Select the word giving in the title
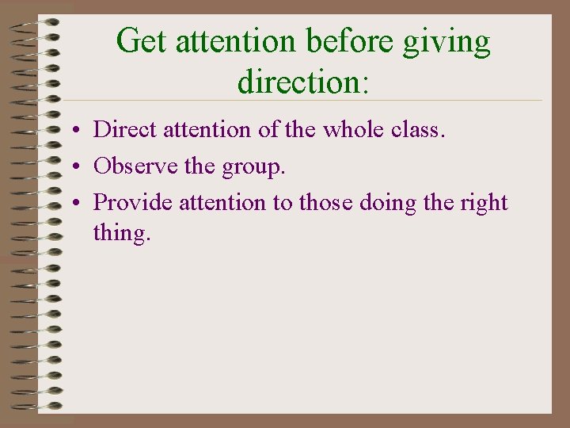(x=447, y=41)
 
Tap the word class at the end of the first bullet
(x=420, y=130)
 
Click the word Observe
(x=134, y=166)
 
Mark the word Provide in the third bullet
(x=133, y=202)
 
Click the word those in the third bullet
(x=326, y=202)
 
